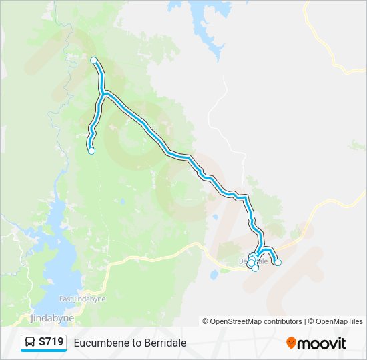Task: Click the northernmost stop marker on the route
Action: tap(94, 61)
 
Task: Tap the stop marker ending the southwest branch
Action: tap(91, 151)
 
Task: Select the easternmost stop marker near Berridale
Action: tap(278, 262)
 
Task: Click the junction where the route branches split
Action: tap(105, 94)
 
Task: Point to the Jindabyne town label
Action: tap(50, 317)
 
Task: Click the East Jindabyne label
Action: tap(75, 299)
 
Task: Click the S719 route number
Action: tap(51, 343)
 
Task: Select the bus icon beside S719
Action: tap(31, 343)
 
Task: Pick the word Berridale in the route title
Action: tap(164, 343)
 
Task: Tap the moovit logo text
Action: tap(322, 343)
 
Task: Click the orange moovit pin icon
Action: tap(291, 343)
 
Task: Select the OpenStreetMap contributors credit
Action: tap(256, 321)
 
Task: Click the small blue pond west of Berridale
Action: tap(214, 274)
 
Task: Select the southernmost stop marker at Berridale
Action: tap(255, 268)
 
